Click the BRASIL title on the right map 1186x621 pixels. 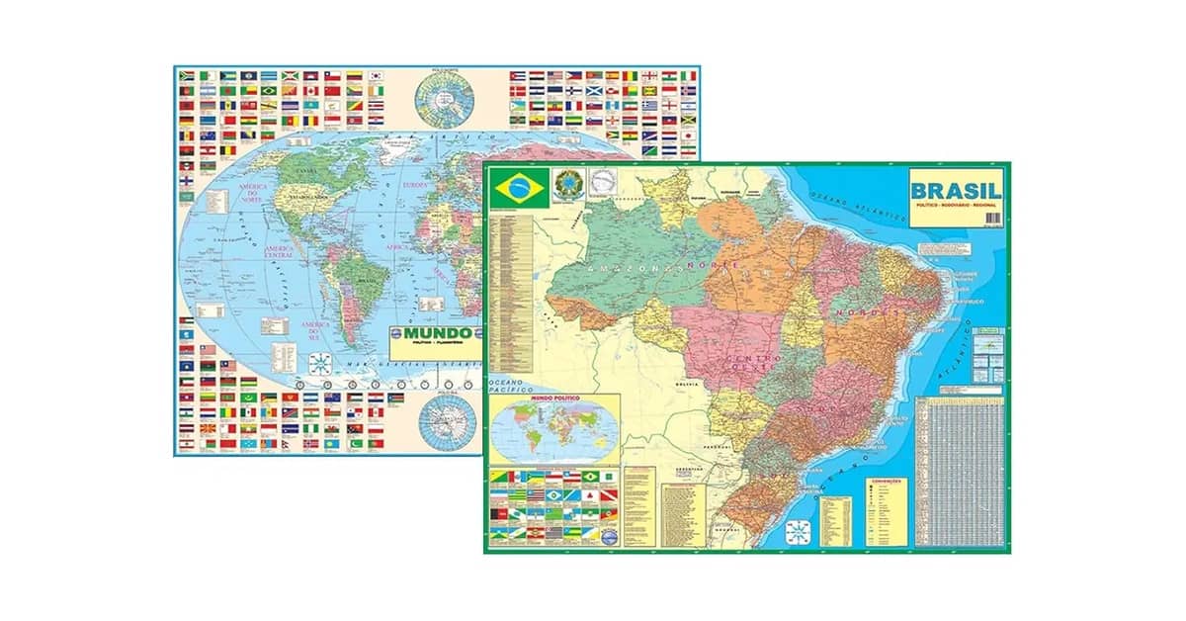(x=956, y=190)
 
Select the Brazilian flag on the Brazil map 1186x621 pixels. (x=512, y=188)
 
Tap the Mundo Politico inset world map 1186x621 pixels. (x=552, y=433)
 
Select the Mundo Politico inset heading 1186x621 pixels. (x=552, y=399)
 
